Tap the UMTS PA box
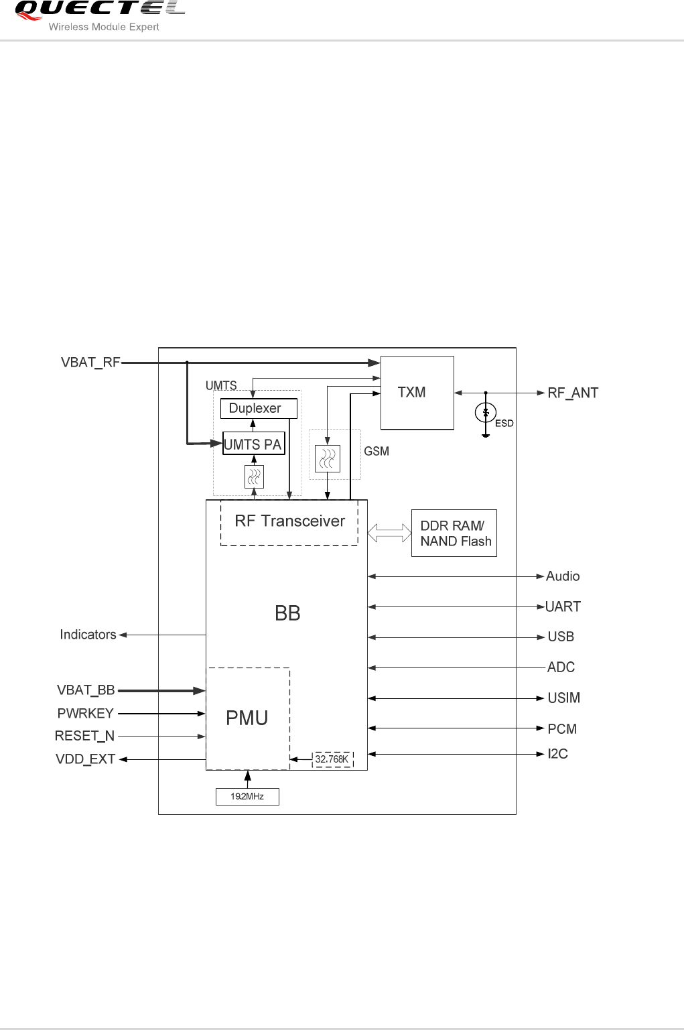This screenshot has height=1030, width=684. pyautogui.click(x=253, y=444)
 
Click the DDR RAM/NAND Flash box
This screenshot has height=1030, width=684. pyautogui.click(x=454, y=533)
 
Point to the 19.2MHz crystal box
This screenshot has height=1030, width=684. pyautogui.click(x=247, y=796)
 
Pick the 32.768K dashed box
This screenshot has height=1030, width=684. pyautogui.click(x=332, y=759)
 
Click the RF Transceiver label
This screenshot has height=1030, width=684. pyautogui.click(x=289, y=521)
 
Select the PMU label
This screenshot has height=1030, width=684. pyautogui.click(x=247, y=718)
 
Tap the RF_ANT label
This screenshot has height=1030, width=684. pyautogui.click(x=573, y=393)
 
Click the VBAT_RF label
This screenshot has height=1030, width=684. pyautogui.click(x=90, y=363)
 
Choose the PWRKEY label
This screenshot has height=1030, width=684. pyautogui.click(x=86, y=714)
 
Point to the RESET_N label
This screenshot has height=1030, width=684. pyautogui.click(x=85, y=736)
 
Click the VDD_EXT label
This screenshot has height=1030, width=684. pyautogui.click(x=86, y=759)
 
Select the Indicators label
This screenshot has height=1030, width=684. pyautogui.click(x=88, y=635)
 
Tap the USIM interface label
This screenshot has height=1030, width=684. pyautogui.click(x=563, y=698)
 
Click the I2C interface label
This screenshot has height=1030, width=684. pyautogui.click(x=557, y=754)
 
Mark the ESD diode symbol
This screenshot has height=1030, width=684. pyautogui.click(x=486, y=413)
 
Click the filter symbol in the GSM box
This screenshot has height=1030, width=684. pyautogui.click(x=328, y=459)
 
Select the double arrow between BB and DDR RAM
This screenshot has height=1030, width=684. pyautogui.click(x=389, y=533)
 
